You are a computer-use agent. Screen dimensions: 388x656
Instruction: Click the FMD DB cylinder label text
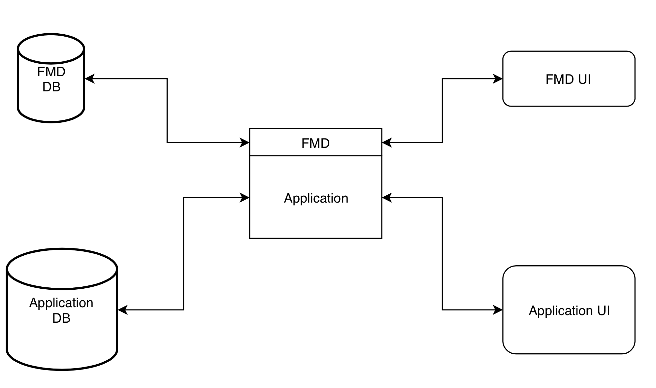[x=51, y=79]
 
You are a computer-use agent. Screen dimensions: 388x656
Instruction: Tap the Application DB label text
[x=61, y=310]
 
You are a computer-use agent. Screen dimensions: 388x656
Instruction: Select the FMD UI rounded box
[x=568, y=79]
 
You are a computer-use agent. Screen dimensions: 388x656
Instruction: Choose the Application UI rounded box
[x=568, y=310]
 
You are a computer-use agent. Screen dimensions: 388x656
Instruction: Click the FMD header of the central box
[x=315, y=143]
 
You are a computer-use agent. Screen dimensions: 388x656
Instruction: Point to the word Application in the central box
[x=316, y=198]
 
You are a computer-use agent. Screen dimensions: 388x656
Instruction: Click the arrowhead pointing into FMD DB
[x=90, y=79]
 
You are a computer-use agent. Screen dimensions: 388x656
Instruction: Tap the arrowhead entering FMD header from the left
[x=245, y=143]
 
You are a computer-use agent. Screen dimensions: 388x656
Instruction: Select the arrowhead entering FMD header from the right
[x=387, y=143]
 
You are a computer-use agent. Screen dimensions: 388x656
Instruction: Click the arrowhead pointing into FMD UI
[x=498, y=79]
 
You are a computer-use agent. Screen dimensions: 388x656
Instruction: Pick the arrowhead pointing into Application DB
[x=123, y=310]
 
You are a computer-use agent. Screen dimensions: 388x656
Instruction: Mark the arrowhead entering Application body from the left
[x=245, y=198]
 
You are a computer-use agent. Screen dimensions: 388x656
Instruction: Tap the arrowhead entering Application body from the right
[x=387, y=198]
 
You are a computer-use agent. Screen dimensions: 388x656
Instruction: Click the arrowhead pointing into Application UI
[x=498, y=310]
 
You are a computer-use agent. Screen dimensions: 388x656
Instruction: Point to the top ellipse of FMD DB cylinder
[x=51, y=49]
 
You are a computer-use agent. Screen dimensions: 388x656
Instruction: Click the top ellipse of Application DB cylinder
[x=62, y=269]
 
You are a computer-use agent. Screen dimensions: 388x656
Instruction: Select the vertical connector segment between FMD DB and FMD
[x=167, y=111]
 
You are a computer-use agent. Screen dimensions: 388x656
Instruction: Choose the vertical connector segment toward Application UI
[x=442, y=254]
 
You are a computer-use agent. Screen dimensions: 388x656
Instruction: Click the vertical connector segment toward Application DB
[x=183, y=254]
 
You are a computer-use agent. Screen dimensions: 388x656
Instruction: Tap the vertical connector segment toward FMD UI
[x=442, y=111]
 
